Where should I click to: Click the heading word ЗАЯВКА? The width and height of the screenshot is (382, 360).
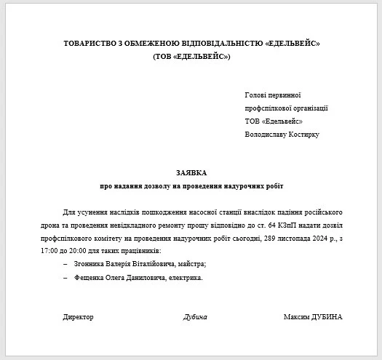coord(191,173)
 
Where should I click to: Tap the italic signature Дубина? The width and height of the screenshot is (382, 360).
coord(195,317)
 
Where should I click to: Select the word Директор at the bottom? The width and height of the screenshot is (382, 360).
coord(79,317)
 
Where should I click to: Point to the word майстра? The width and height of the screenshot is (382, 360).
coord(192,263)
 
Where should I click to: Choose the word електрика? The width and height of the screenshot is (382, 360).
coord(186,277)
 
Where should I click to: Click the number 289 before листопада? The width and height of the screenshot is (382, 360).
coord(270,238)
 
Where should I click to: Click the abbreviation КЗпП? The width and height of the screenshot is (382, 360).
coord(284,225)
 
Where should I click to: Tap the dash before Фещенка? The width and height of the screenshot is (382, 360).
coord(65,277)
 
